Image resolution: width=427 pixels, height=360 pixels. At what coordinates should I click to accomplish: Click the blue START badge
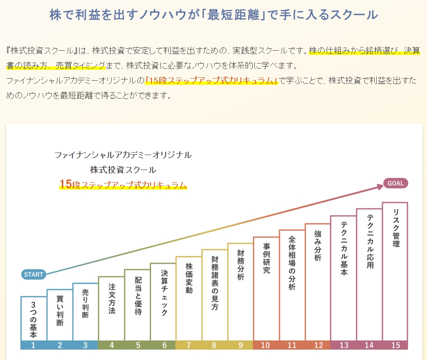34,274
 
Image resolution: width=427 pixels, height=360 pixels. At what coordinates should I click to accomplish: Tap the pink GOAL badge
395,183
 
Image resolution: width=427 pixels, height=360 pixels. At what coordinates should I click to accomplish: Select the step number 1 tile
34,345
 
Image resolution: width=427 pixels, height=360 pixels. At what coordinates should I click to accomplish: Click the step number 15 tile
395,345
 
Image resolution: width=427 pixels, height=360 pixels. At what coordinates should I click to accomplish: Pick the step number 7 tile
189,345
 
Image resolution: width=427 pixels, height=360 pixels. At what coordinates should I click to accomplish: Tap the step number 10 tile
266,345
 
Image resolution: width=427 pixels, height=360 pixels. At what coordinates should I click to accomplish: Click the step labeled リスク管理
396,228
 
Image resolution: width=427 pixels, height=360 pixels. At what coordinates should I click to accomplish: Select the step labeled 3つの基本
34,320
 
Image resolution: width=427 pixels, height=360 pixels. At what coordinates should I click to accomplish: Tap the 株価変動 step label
189,278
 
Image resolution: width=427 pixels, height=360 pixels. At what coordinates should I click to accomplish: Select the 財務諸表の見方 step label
215,283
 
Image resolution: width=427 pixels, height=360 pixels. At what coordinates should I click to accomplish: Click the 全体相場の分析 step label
292,263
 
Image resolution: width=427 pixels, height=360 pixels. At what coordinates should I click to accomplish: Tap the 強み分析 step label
318,246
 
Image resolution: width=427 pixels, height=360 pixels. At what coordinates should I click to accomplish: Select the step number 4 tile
111,345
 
